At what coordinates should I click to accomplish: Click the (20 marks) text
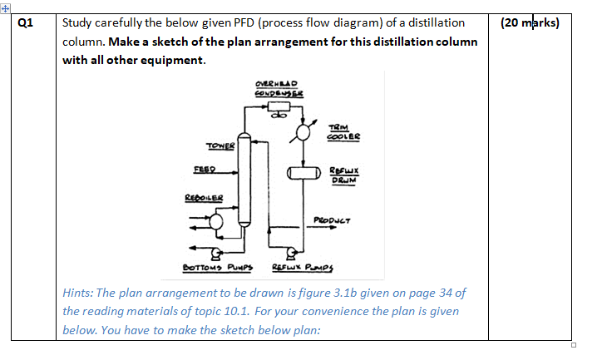point(530,22)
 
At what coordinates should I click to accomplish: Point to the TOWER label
point(220,145)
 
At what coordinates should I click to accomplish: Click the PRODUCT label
point(333,220)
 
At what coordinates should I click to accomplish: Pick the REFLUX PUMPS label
point(298,267)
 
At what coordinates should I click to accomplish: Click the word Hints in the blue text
point(78,292)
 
